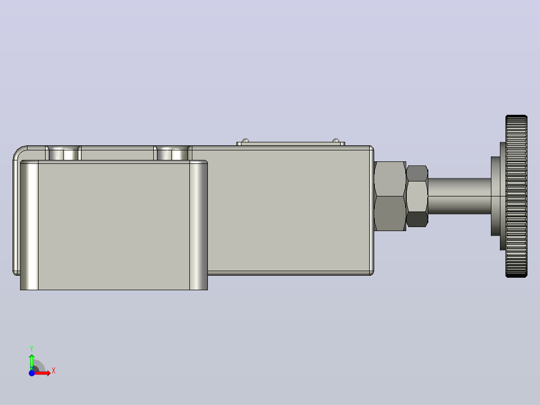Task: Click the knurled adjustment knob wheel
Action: (x=516, y=196)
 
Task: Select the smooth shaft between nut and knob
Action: (x=459, y=196)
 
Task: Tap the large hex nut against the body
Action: (x=390, y=196)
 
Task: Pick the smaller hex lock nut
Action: (x=417, y=196)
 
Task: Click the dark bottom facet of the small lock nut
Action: (x=417, y=219)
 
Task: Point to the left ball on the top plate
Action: (x=245, y=140)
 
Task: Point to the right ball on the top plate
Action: (x=336, y=140)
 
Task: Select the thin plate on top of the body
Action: (x=291, y=144)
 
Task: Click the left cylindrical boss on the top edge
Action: (x=63, y=153)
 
